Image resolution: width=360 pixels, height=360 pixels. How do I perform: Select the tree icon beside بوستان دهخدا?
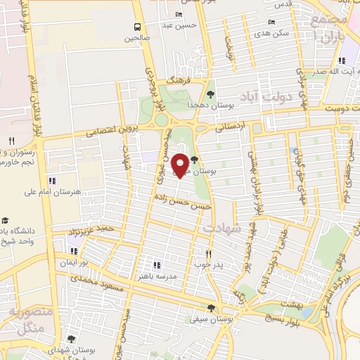210,94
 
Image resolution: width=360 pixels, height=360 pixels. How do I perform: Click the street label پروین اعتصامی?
112,130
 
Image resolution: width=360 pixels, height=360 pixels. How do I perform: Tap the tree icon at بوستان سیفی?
212,307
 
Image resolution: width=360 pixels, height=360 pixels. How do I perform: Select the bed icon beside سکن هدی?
272,22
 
